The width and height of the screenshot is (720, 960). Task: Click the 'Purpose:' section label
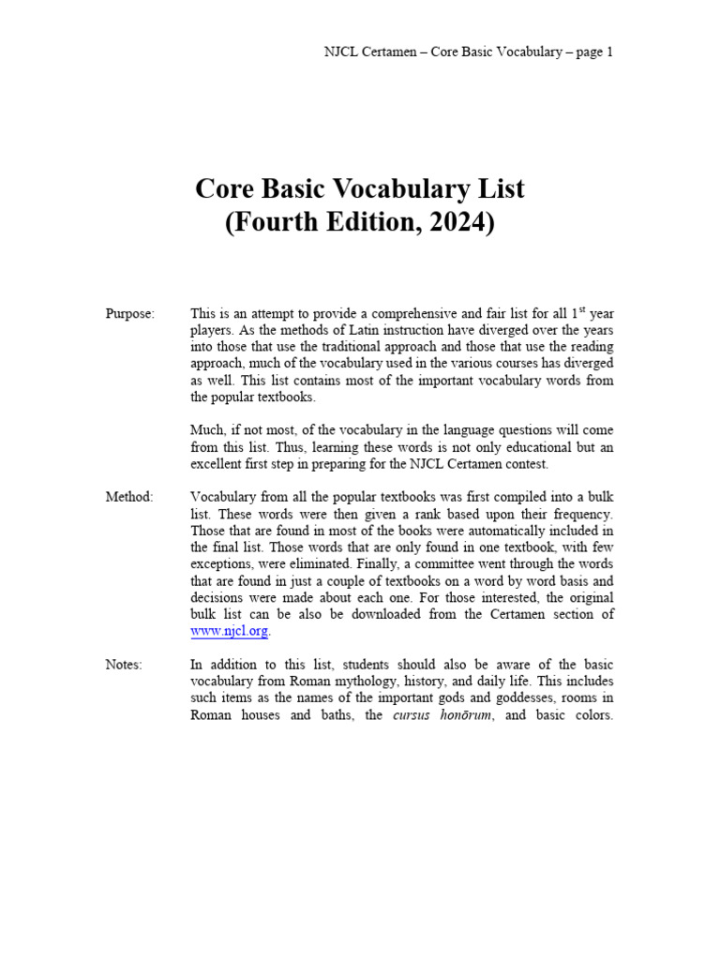point(130,313)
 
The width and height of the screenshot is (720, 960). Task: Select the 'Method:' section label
point(129,496)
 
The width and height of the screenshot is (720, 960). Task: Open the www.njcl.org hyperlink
point(230,631)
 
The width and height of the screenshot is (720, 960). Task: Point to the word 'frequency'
point(582,514)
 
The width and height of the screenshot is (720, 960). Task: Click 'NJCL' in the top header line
point(340,52)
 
